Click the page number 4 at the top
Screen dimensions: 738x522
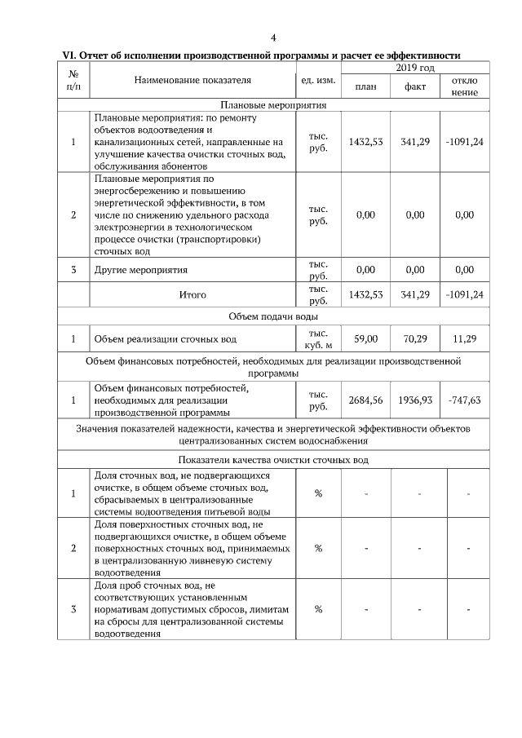pyautogui.click(x=273, y=38)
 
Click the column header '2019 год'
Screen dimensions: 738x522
pyautogui.click(x=414, y=67)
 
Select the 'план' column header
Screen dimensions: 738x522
pyautogui.click(x=366, y=86)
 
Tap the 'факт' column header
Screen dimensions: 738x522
pyautogui.click(x=415, y=86)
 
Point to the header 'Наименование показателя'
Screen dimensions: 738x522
pyautogui.click(x=192, y=80)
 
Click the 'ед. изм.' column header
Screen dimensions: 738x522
pyautogui.click(x=318, y=80)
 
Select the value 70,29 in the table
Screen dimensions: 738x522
pyautogui.click(x=415, y=338)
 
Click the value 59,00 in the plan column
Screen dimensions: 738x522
pyautogui.click(x=366, y=338)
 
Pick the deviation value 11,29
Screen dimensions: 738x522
pyautogui.click(x=464, y=338)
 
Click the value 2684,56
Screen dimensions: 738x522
pyautogui.click(x=366, y=400)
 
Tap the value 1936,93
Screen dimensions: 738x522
pyautogui.click(x=415, y=400)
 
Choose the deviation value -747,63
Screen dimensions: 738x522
pyautogui.click(x=464, y=400)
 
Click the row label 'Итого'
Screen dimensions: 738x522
pyautogui.click(x=192, y=294)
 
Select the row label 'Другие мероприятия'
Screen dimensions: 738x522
pyautogui.click(x=141, y=270)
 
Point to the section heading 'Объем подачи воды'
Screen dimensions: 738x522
pyautogui.click(x=273, y=316)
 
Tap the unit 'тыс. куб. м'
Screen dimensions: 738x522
pyautogui.click(x=318, y=338)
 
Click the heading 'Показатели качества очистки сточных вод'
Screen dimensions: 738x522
pyautogui.click(x=273, y=460)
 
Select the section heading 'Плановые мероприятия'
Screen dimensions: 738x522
pyautogui.click(x=273, y=105)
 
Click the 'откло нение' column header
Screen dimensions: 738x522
pyautogui.click(x=464, y=86)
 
